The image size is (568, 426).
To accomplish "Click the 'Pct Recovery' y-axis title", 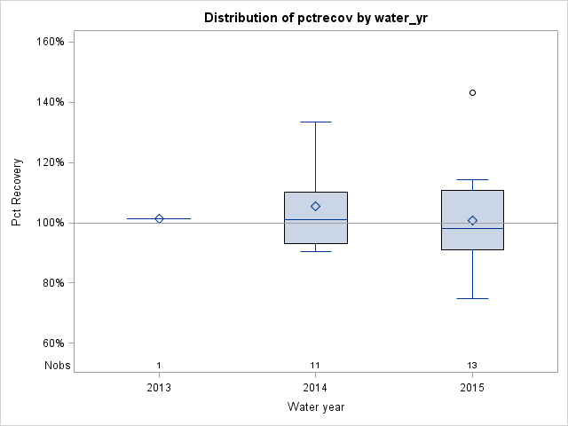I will coord(17,193).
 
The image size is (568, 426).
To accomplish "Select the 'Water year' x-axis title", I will coord(316,407).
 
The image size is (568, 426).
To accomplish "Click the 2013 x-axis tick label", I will coord(159,388).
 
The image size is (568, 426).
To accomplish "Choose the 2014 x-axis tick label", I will coord(316,388).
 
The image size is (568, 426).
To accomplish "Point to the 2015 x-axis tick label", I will coord(472,388).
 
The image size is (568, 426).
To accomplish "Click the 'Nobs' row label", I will coord(57,366).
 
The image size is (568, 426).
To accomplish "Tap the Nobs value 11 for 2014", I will coord(316,366).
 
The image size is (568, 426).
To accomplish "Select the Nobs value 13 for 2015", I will coord(472,366).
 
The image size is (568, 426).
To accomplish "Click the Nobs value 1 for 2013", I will coord(159,366).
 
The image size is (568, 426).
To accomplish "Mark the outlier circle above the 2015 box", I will coord(472,92).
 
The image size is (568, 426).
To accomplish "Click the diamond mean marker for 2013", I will coord(159,218).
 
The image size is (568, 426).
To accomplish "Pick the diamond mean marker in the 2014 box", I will coord(316,206).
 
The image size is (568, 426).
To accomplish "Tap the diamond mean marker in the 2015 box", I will coord(472,220).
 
